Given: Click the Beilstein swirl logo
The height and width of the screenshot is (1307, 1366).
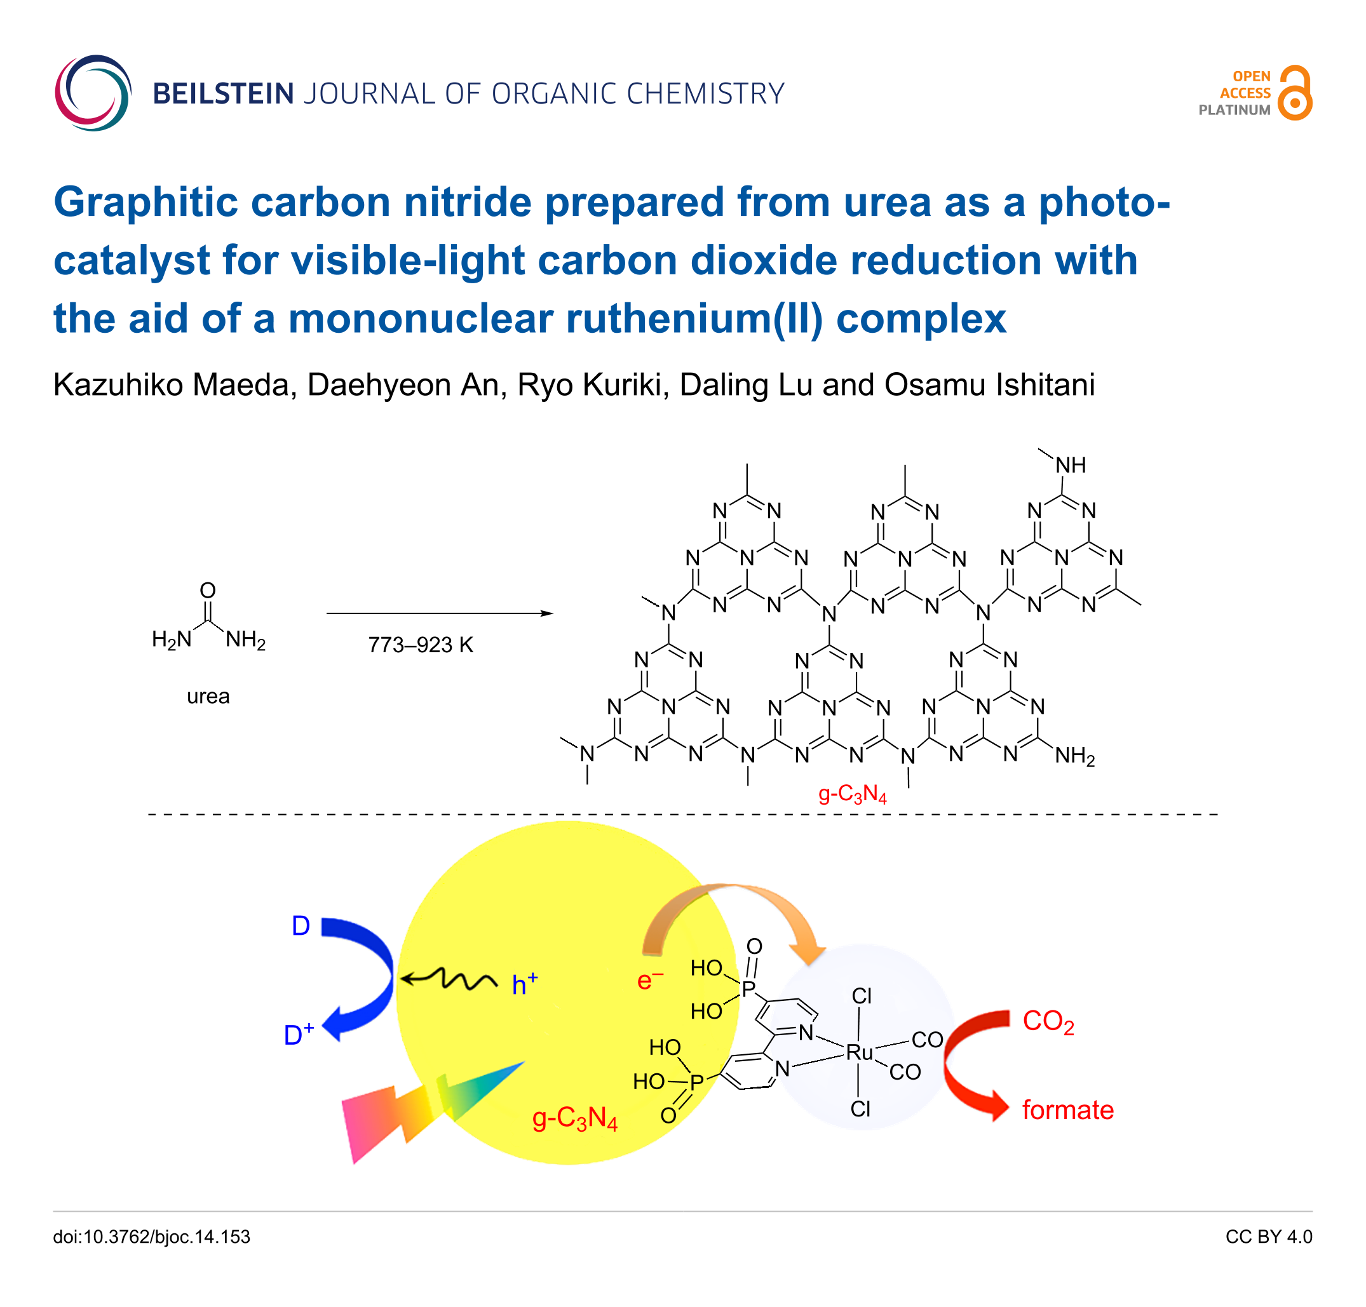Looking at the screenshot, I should pos(93,93).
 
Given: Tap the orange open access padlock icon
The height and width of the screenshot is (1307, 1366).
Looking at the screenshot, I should pos(1295,93).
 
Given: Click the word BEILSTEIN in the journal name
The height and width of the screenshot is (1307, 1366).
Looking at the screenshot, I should pos(223,94).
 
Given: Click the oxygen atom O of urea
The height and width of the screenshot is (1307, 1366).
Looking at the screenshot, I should pos(208,590).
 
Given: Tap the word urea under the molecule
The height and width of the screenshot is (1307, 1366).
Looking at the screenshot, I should pos(208,696).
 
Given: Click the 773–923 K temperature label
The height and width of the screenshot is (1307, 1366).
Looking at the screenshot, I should pos(420,645).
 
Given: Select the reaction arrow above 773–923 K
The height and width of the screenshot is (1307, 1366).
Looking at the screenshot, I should pos(439,613).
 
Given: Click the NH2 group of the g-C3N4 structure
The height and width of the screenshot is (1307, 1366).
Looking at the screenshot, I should pos(1074,756).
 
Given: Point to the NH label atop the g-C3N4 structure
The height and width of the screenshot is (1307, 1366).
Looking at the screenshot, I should pos(1070,465).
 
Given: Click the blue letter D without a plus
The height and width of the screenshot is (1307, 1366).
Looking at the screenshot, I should pos(301,926).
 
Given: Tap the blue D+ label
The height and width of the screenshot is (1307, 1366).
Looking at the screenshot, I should pos(298,1035).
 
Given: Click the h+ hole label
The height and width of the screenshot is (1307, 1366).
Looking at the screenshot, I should pos(524,984).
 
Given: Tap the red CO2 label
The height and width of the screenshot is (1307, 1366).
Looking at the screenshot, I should pos(1048,1021).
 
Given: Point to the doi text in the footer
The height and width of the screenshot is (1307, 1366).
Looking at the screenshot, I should pos(151,1237).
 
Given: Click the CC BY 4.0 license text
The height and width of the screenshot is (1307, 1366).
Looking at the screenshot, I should pos(1268,1237).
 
